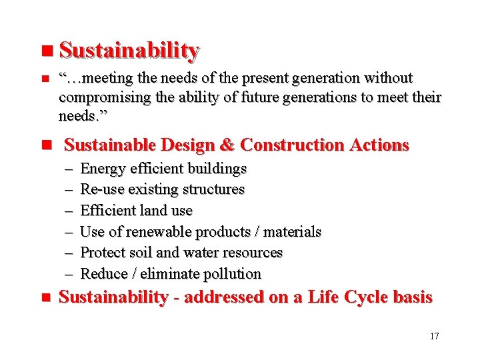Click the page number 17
[434, 336]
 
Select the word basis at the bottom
[411, 297]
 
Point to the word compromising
[100, 98]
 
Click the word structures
[213, 189]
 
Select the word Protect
[100, 253]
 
